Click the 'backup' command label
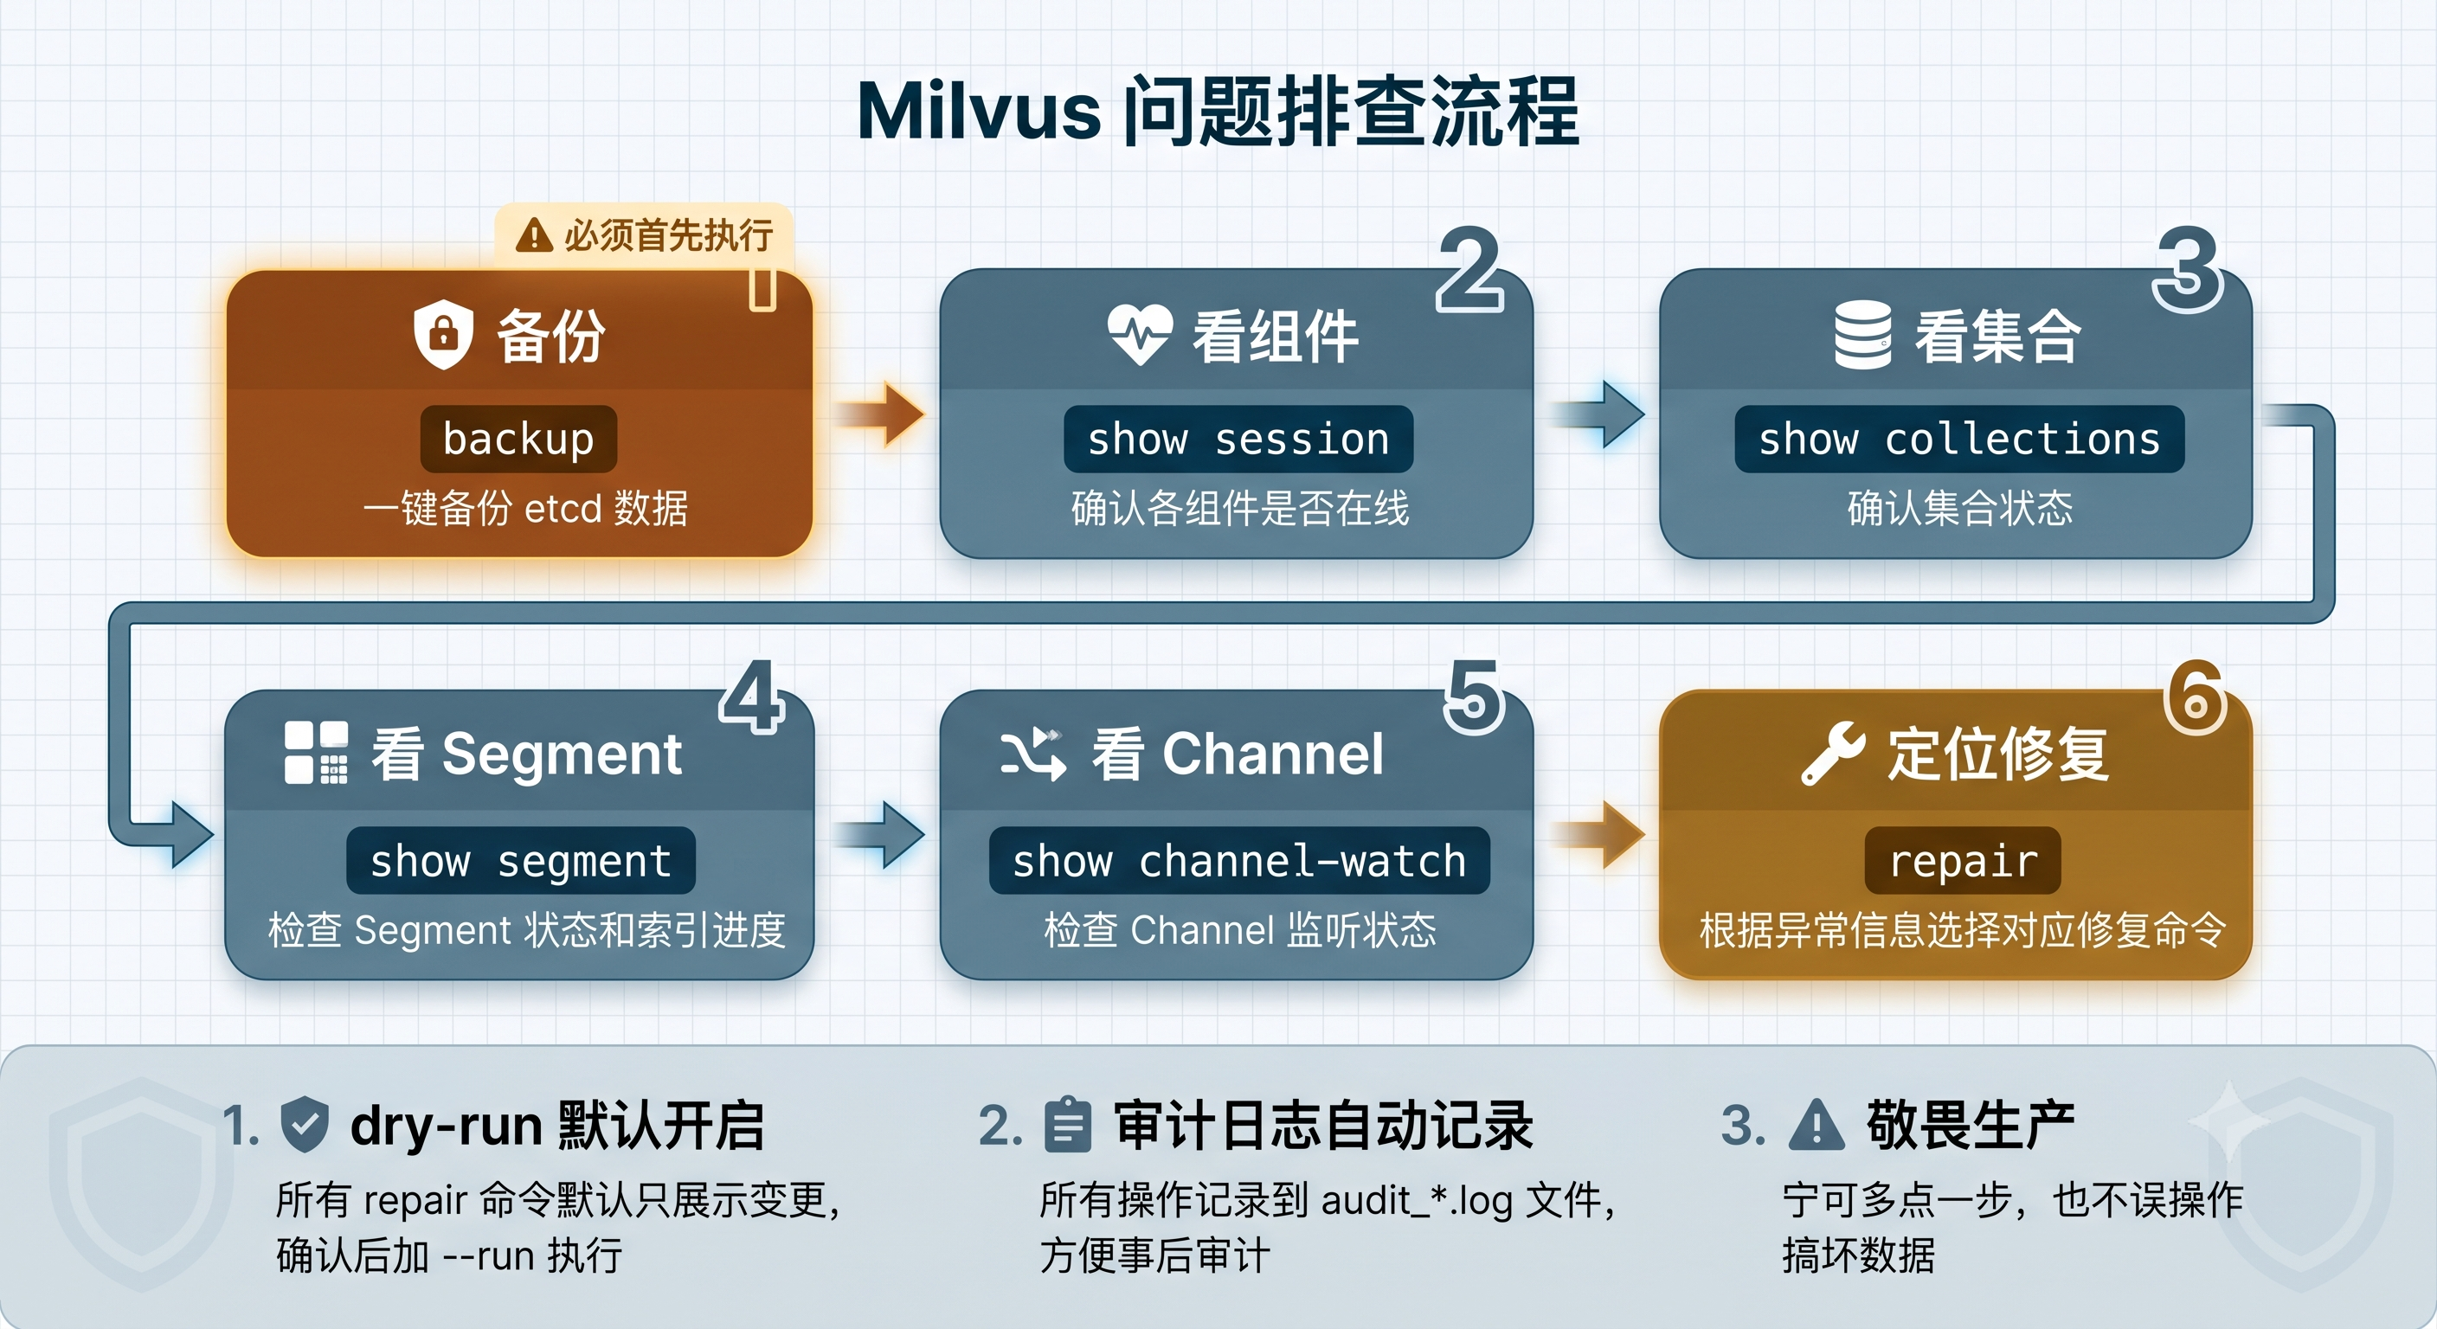518,439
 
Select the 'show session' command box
1238,439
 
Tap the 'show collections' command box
1959,439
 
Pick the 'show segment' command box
520,861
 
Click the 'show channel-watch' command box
1239,861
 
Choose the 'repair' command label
1963,861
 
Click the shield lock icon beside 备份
444,334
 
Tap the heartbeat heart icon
1140,334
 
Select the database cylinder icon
1862,335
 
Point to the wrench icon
1834,754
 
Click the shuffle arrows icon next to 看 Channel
1033,754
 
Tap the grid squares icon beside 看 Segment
316,753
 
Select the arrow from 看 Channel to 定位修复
1598,834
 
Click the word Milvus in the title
979,112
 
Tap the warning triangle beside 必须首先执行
535,234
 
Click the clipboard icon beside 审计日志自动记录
1068,1125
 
